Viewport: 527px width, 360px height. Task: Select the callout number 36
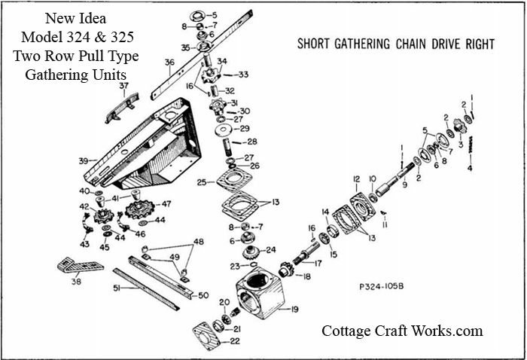pyautogui.click(x=169, y=63)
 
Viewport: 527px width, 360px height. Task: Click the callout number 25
pyautogui.click(x=202, y=183)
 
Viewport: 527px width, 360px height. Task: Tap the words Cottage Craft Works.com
pyautogui.click(x=402, y=331)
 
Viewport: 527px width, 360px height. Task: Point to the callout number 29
pyautogui.click(x=244, y=130)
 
